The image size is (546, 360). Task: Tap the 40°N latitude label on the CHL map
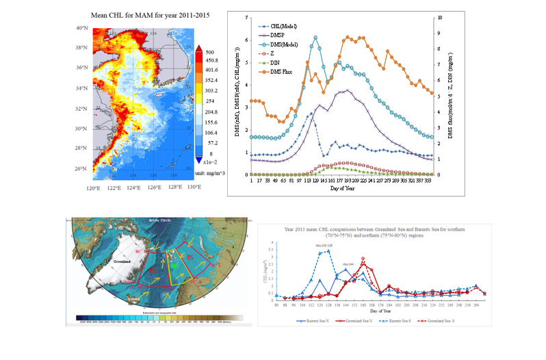coord(82,28)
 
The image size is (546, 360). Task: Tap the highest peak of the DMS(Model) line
coord(315,38)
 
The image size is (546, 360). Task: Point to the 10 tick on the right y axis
coord(446,17)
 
